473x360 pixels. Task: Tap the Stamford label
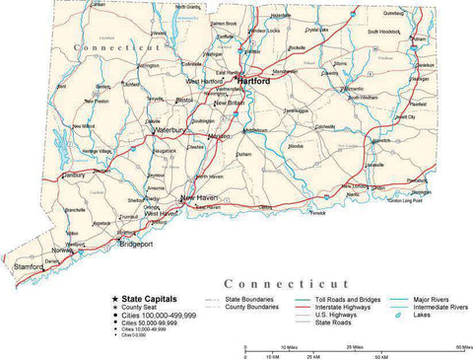pyautogui.click(x=28, y=266)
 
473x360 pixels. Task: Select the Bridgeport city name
pyautogui.click(x=138, y=245)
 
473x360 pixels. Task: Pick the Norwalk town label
pyautogui.click(x=63, y=251)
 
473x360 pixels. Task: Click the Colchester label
pyautogui.click(x=326, y=126)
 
